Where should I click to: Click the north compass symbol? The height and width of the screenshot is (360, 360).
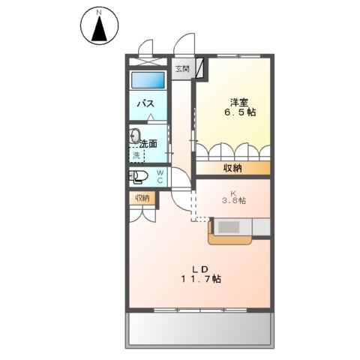coord(98,26)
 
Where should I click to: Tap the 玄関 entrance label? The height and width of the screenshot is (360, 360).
coord(182,69)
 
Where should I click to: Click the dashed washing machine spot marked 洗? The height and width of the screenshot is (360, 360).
coord(136,155)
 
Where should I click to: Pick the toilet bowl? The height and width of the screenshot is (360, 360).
coord(138,177)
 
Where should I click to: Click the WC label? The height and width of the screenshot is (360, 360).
coord(160,177)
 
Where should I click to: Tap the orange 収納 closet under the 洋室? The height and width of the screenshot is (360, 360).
coord(232,167)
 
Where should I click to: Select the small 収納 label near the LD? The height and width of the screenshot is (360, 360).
coord(142,198)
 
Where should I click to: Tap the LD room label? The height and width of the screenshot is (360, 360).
coord(199,268)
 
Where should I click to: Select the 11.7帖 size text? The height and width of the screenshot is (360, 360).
coord(199,280)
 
